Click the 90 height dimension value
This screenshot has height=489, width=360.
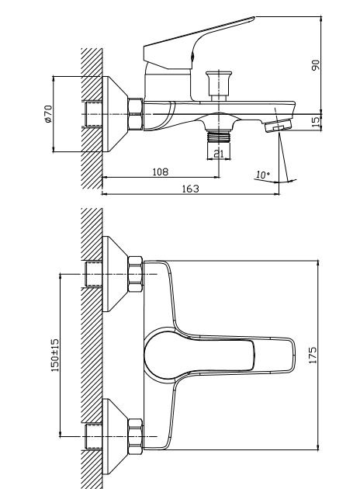(x=316, y=65)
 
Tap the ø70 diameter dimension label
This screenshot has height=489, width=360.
(x=48, y=114)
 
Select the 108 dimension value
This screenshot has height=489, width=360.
(x=160, y=172)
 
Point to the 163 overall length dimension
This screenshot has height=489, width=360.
(x=190, y=189)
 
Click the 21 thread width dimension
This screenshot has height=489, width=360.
(x=219, y=154)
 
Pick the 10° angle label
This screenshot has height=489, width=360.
(x=263, y=175)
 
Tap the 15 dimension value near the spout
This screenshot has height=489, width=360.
(x=316, y=122)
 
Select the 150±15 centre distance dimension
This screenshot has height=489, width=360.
(x=55, y=355)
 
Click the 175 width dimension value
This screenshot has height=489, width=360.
(x=313, y=355)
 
